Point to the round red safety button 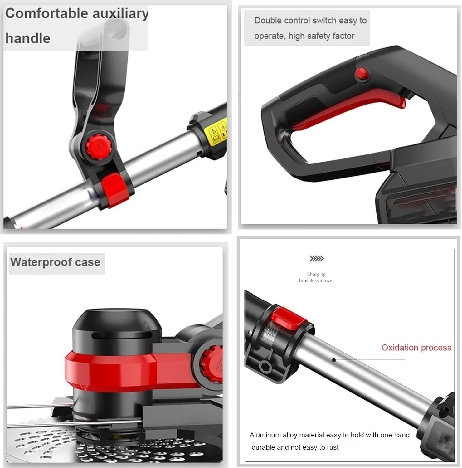[362, 75]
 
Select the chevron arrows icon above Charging [316, 258]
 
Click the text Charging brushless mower [316, 277]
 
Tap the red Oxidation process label [416, 348]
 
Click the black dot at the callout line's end [334, 360]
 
